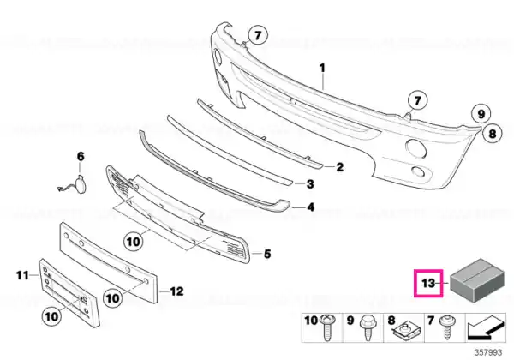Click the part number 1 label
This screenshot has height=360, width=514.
pyautogui.click(x=323, y=69)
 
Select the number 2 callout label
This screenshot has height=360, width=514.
pyautogui.click(x=340, y=167)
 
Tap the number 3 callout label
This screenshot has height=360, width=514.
pyautogui.click(x=310, y=184)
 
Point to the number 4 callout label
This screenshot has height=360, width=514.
pyautogui.click(x=310, y=207)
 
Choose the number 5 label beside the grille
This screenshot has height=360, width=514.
pyautogui.click(x=267, y=254)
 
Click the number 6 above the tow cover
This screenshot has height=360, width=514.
pyautogui.click(x=81, y=156)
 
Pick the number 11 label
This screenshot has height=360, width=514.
pyautogui.click(x=22, y=275)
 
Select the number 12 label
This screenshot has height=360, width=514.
pyautogui.click(x=176, y=291)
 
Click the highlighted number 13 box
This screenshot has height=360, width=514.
pyautogui.click(x=428, y=283)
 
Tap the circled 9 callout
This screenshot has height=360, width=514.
pyautogui.click(x=481, y=114)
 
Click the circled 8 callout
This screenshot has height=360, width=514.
pyautogui.click(x=493, y=134)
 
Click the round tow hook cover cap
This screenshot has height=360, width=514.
pyautogui.click(x=81, y=183)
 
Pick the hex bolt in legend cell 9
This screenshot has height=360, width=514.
pyautogui.click(x=367, y=327)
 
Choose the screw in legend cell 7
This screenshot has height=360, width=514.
pyautogui.click(x=446, y=327)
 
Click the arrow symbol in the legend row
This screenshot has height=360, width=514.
pyautogui.click(x=485, y=327)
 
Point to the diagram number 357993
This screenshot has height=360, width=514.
pyautogui.click(x=488, y=352)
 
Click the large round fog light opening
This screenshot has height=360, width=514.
pyautogui.click(x=416, y=148)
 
